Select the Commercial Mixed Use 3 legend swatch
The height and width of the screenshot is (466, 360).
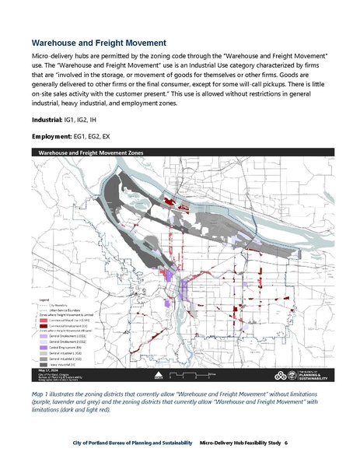[x=42, y=320]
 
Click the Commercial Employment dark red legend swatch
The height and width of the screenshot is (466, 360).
[x=42, y=327]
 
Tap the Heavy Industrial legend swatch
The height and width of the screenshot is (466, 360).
[x=42, y=364]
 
